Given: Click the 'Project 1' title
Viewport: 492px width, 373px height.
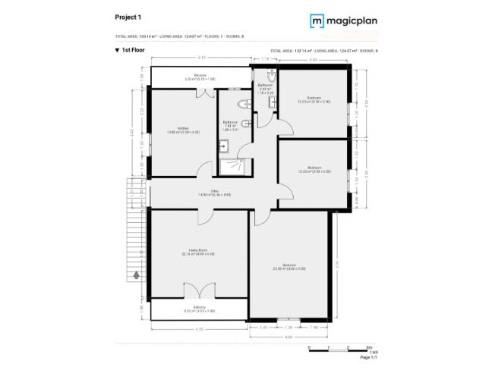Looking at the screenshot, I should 127,16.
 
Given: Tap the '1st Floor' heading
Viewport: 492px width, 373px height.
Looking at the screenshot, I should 132,50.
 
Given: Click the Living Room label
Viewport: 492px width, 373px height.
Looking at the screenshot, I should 198,252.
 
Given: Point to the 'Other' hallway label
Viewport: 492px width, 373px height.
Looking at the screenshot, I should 214,193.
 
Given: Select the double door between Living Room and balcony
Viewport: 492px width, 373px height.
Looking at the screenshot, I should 198,290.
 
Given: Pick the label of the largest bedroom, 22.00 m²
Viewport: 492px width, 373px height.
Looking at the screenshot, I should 289,266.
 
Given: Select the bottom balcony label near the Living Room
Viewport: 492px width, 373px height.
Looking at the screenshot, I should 199,309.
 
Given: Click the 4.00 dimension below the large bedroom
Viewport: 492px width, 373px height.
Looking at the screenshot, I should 289,335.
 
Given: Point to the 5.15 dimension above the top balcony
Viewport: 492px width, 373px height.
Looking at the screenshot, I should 200,58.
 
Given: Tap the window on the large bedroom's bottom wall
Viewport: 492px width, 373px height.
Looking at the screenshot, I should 289,318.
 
